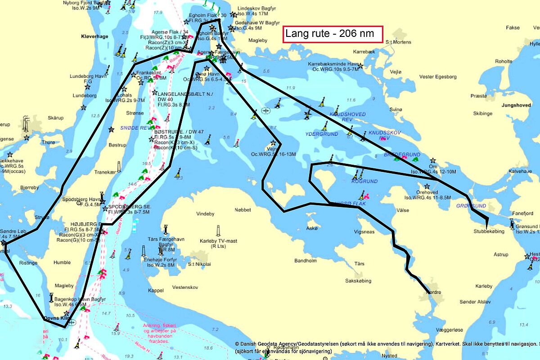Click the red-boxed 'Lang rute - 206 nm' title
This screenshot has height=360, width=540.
pyautogui.click(x=333, y=34)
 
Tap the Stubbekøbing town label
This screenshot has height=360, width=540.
pyautogui.click(x=489, y=231)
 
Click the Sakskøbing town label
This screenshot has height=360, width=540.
pyautogui.click(x=358, y=281)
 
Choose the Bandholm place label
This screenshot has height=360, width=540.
pyautogui.click(x=306, y=261)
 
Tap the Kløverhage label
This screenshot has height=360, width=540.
pyautogui.click(x=94, y=36)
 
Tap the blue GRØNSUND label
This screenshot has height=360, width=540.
pyautogui.click(x=471, y=206)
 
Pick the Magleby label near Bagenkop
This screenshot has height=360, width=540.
pyautogui.click(x=64, y=286)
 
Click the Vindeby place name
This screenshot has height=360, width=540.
pyautogui.click(x=206, y=213)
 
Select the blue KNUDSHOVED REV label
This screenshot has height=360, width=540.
pyautogui.click(x=347, y=117)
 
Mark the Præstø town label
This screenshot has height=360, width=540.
pyautogui.click(x=478, y=96)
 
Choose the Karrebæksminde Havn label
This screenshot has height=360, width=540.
pyautogui.click(x=333, y=67)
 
